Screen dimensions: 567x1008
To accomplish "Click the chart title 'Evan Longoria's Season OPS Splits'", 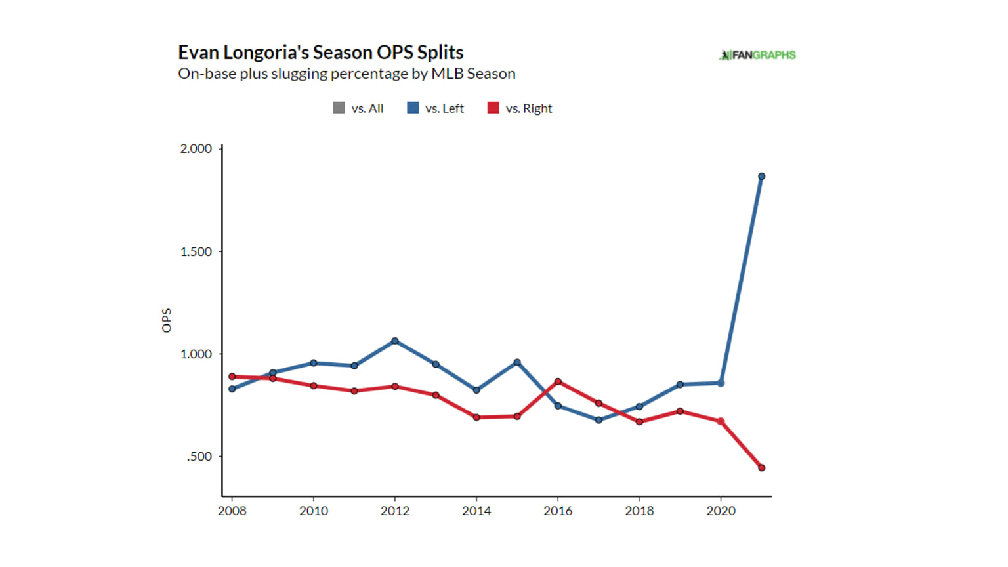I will click(320, 52).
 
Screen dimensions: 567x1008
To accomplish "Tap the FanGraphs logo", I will click(757, 55).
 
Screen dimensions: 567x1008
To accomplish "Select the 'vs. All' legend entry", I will click(358, 108).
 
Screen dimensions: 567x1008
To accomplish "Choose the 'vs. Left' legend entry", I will click(436, 108).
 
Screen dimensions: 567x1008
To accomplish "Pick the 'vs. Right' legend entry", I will click(520, 108).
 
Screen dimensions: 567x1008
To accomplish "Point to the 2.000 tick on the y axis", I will click(196, 149).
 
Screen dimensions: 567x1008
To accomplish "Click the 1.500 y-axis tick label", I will click(196, 252).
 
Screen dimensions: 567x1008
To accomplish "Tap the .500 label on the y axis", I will click(199, 457).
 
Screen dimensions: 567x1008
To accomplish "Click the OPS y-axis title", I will click(167, 320).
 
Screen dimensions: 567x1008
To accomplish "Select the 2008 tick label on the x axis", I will click(232, 511).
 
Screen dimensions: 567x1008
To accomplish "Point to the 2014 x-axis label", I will click(476, 511).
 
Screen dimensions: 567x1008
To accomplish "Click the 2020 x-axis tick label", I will click(721, 511).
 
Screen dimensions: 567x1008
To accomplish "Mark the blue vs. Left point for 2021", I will click(761, 177).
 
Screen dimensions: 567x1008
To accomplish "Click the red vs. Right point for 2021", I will click(761, 468).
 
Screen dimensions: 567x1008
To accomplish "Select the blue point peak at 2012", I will click(395, 341).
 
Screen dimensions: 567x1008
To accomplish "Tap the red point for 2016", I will click(558, 381).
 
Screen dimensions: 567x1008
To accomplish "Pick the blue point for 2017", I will click(598, 420).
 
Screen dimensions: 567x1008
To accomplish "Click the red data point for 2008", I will click(232, 377).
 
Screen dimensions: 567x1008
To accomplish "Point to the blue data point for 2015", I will click(517, 362).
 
